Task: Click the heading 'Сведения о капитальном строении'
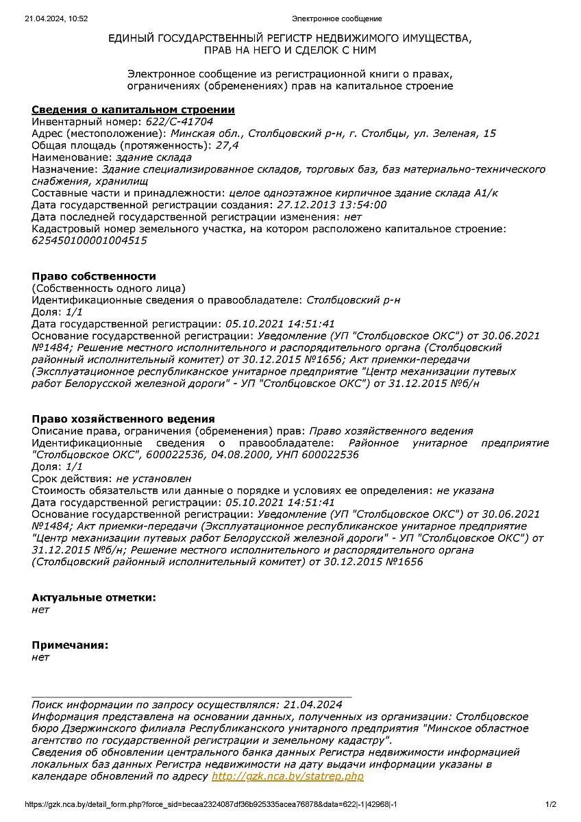point(133,110)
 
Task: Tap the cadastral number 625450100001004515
point(89,240)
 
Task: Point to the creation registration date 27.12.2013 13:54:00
point(331,205)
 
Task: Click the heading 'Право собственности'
point(94,276)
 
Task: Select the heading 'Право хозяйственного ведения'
point(123,419)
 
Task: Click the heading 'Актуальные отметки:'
point(94,597)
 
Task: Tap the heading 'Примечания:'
point(70,645)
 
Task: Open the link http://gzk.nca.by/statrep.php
point(287,776)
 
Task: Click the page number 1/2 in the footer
point(551,804)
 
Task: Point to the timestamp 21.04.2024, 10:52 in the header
point(56,18)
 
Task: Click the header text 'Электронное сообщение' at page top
point(336,18)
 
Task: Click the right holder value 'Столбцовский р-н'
point(353,300)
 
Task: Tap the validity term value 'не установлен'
point(153,478)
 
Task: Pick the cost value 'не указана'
point(465,490)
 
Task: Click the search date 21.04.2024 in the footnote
point(312,704)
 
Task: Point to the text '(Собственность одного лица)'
point(108,288)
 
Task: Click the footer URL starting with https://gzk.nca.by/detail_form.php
point(211,804)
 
